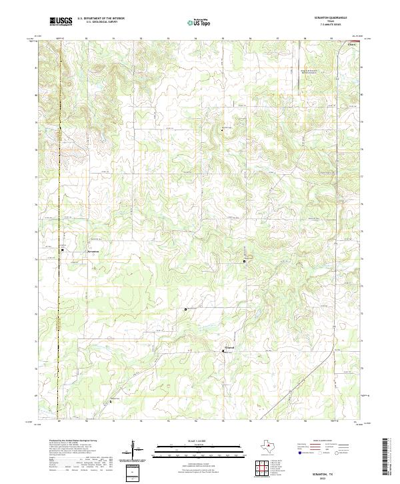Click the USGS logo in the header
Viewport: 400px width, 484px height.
point(61,22)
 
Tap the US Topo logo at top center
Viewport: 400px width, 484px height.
point(200,22)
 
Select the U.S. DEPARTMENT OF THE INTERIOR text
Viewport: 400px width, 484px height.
point(100,19)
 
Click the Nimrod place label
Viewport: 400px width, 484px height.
point(228,347)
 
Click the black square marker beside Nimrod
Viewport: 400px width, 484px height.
point(223,350)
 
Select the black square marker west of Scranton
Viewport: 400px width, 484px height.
point(63,250)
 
